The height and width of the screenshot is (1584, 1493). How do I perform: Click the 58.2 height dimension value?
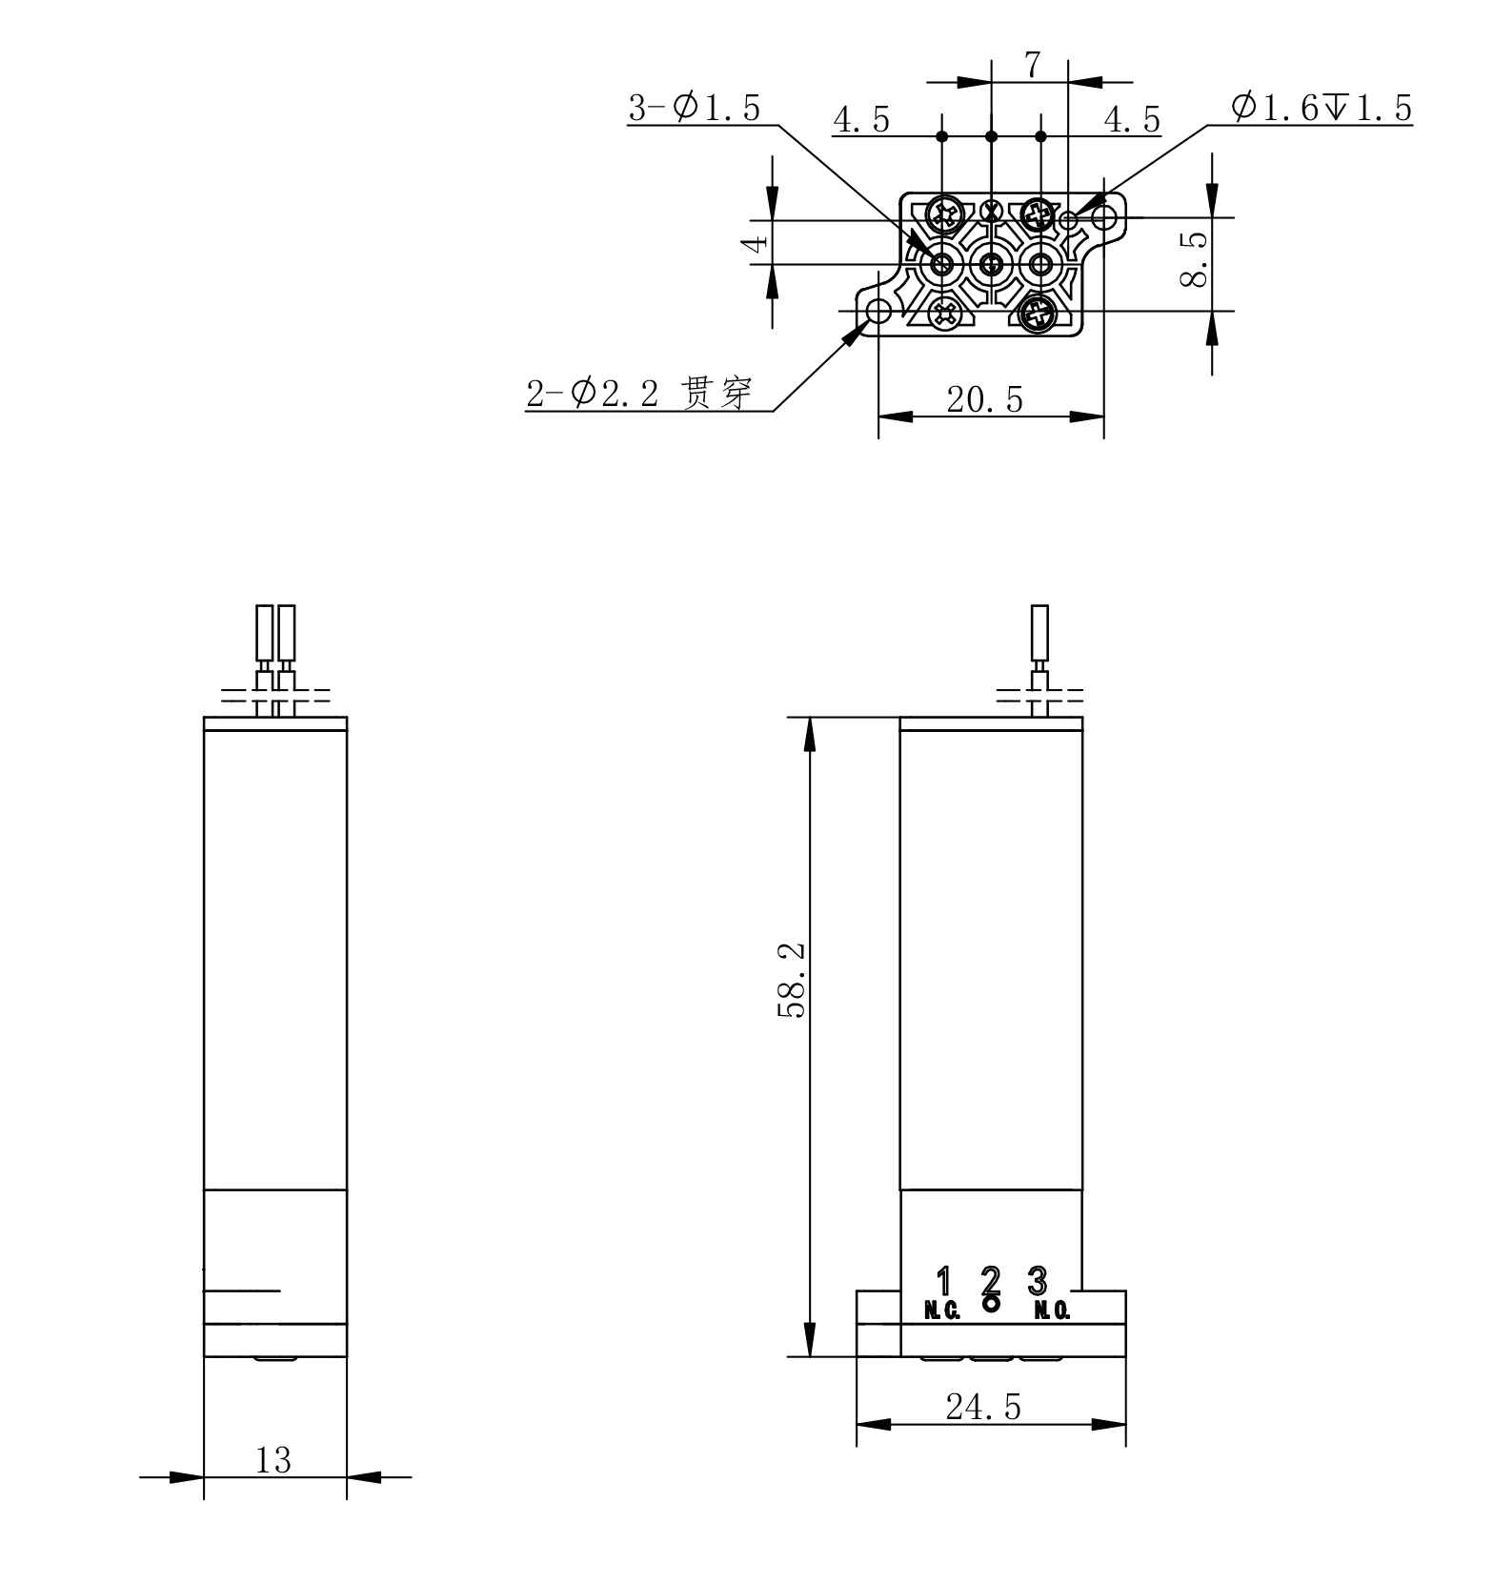792,981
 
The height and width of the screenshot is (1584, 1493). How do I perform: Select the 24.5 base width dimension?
983,1407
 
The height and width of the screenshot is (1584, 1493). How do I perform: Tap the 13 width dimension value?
273,1460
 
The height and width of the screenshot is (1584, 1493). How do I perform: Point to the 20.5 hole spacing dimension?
985,399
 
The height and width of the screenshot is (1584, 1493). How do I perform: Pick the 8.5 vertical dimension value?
1195,259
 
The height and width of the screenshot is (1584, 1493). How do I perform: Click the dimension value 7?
1033,66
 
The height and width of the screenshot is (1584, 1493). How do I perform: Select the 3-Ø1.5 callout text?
695,109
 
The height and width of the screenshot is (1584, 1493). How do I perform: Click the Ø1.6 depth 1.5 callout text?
1322,108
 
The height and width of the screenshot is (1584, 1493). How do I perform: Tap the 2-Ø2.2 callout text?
593,393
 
